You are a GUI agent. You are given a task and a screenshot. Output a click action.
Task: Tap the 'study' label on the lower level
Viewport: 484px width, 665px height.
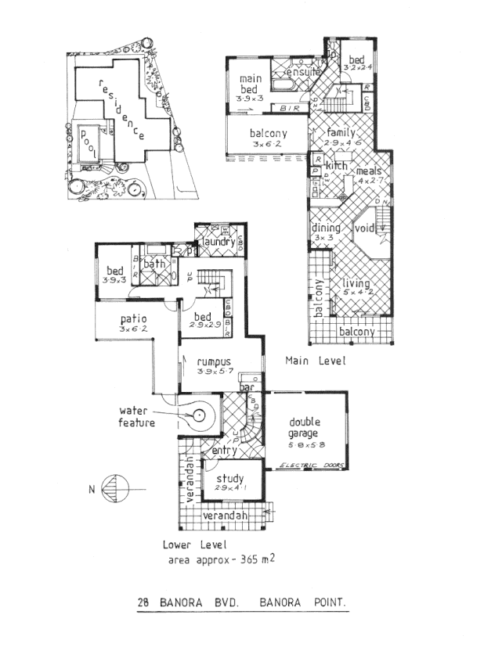tap(229, 479)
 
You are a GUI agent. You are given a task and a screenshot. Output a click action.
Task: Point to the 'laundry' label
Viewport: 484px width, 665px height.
tap(217, 242)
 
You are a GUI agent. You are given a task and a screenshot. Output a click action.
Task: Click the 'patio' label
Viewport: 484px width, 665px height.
tap(135, 319)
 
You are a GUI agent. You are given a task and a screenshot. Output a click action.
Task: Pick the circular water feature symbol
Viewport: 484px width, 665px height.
tap(199, 416)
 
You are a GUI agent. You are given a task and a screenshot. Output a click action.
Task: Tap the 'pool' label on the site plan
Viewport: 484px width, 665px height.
tap(88, 144)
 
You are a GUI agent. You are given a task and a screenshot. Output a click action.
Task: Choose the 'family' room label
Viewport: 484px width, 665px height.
tap(341, 132)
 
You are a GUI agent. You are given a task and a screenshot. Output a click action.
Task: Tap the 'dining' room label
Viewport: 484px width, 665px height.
tap(326, 228)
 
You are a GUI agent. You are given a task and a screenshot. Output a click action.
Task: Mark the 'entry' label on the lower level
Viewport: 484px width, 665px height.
tap(225, 451)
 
